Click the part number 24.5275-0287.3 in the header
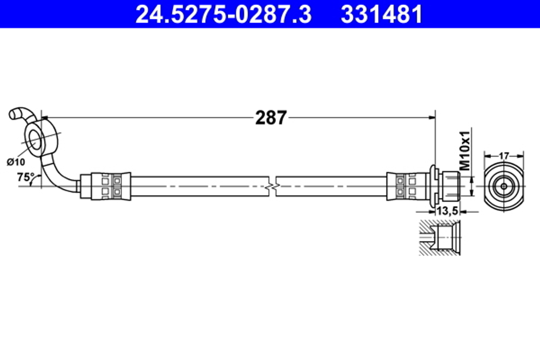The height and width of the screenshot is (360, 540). (223, 15)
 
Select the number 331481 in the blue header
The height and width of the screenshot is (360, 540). (381, 15)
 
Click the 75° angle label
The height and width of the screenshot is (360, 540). (25, 176)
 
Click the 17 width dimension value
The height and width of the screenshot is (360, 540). (503, 155)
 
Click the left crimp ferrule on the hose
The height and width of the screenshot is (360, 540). (111, 186)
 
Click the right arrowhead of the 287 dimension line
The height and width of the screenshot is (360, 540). (432, 116)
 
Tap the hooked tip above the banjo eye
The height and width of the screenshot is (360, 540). (18, 114)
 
